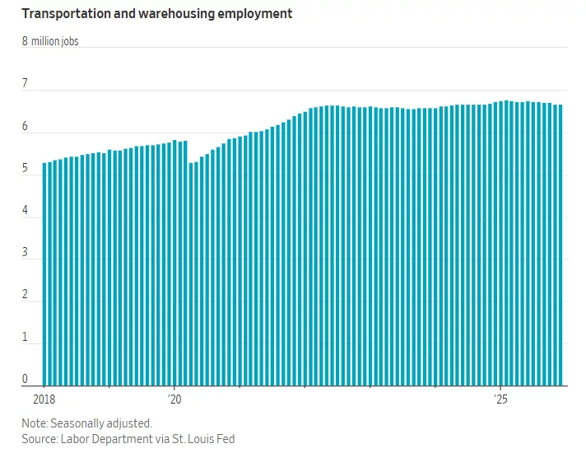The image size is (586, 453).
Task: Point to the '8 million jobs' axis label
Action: click(50, 40)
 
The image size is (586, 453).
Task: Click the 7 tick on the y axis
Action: click(25, 83)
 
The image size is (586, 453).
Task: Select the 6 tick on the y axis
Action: click(25, 126)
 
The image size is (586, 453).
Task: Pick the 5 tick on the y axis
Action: click(25, 168)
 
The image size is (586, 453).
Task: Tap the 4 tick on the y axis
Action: click(25, 210)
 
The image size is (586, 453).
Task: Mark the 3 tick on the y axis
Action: click(25, 253)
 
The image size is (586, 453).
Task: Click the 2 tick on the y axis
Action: click(25, 295)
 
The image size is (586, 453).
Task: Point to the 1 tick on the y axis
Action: click(25, 337)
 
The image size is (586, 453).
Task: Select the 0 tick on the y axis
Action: click(25, 379)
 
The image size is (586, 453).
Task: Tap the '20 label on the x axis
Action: click(174, 399)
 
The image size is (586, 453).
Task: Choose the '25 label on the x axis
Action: click(500, 399)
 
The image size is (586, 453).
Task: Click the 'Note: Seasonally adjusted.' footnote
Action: click(86, 423)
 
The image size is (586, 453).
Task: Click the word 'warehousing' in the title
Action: click(167, 14)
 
